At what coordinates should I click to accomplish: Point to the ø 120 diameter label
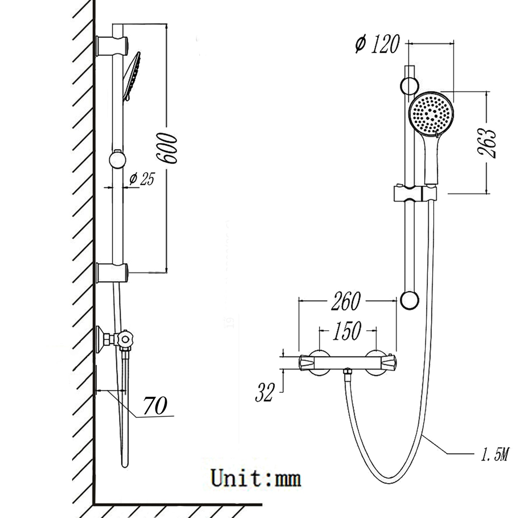coord(377,45)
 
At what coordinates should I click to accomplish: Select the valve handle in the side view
coord(125,338)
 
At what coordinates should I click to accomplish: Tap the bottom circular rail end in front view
coord(409,300)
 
